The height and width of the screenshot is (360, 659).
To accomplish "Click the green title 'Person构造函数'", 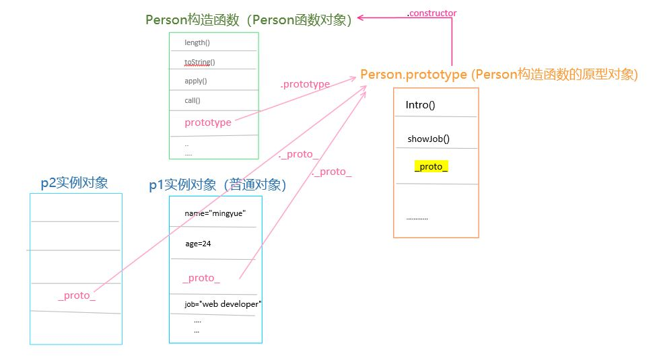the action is pyautogui.click(x=249, y=20).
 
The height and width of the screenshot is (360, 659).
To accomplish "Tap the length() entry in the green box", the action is pyautogui.click(x=197, y=43).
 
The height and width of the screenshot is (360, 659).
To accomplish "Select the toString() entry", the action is pyautogui.click(x=199, y=62).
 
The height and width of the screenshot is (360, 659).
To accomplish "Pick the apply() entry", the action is pyautogui.click(x=196, y=81).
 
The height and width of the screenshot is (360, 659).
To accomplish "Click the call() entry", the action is pyautogui.click(x=193, y=101).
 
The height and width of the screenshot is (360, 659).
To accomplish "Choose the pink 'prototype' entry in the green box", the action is pyautogui.click(x=207, y=122).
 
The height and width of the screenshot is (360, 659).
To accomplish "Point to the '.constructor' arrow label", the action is pyautogui.click(x=431, y=13).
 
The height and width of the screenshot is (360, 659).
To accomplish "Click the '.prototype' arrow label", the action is pyautogui.click(x=305, y=85).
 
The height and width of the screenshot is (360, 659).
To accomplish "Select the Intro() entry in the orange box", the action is pyautogui.click(x=421, y=106).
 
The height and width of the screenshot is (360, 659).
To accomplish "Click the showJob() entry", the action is pyautogui.click(x=428, y=140).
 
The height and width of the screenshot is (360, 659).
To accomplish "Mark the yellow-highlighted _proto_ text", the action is pyautogui.click(x=431, y=167).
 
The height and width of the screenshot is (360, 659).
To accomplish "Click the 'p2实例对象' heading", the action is pyautogui.click(x=74, y=183).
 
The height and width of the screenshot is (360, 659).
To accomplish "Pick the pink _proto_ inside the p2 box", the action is pyautogui.click(x=77, y=296).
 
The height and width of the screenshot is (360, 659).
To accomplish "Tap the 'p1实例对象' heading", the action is pyautogui.click(x=217, y=185).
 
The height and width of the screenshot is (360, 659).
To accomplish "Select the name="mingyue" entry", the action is pyautogui.click(x=215, y=213).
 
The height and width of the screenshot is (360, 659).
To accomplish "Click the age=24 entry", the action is pyautogui.click(x=198, y=244).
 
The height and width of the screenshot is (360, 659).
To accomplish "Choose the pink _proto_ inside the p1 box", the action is pyautogui.click(x=201, y=278).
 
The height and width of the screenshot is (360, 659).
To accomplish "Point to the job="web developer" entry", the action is pyautogui.click(x=223, y=304).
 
